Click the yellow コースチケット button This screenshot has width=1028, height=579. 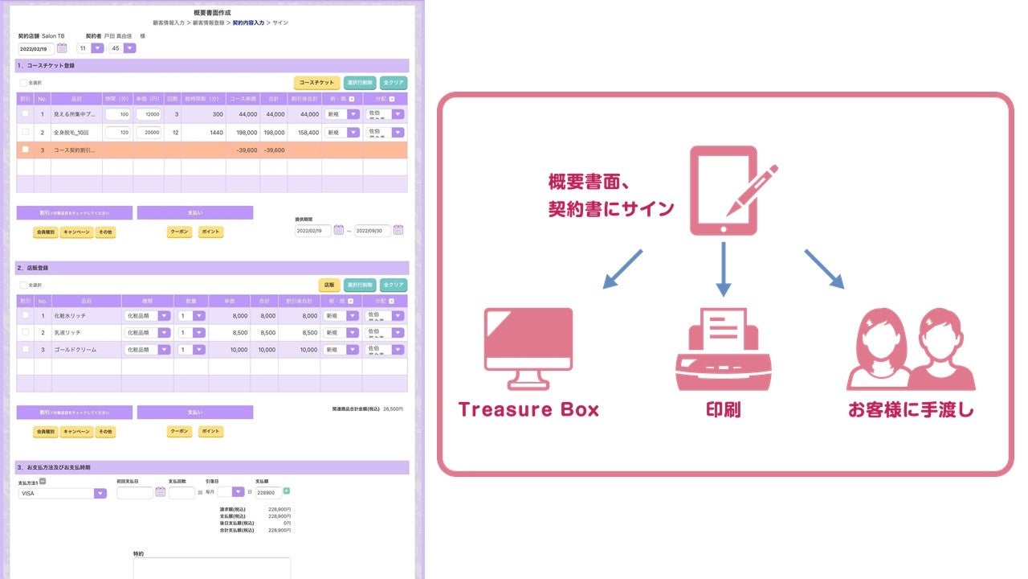(316, 83)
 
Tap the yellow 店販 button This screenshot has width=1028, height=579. (328, 285)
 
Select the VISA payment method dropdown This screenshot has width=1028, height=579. (62, 493)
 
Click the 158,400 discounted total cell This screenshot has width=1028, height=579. (304, 132)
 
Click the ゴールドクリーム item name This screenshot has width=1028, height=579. (73, 350)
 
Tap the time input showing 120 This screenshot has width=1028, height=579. (117, 132)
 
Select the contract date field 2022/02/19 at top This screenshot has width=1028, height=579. (37, 48)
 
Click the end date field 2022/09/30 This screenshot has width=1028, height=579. (373, 230)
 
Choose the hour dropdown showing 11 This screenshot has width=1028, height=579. (90, 48)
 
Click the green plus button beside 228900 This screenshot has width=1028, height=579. (287, 491)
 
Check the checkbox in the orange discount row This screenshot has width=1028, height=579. (25, 150)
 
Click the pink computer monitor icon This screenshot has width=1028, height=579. (528, 348)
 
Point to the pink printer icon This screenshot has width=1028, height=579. (723, 351)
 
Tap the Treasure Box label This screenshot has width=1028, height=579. (528, 409)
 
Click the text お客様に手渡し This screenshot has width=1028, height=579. (911, 409)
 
